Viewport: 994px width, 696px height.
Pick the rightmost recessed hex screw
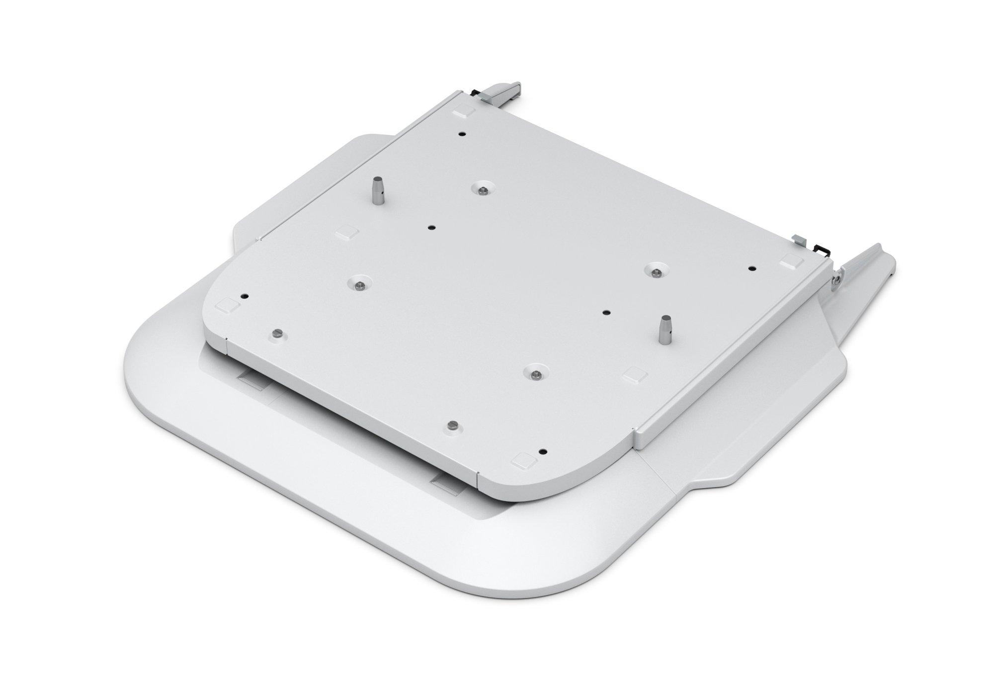656,271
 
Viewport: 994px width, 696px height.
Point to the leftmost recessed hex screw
358,284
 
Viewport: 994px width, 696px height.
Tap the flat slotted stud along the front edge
452,425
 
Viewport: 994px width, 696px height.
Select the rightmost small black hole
751,268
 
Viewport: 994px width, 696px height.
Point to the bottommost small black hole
543,452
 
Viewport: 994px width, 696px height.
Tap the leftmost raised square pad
227,305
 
